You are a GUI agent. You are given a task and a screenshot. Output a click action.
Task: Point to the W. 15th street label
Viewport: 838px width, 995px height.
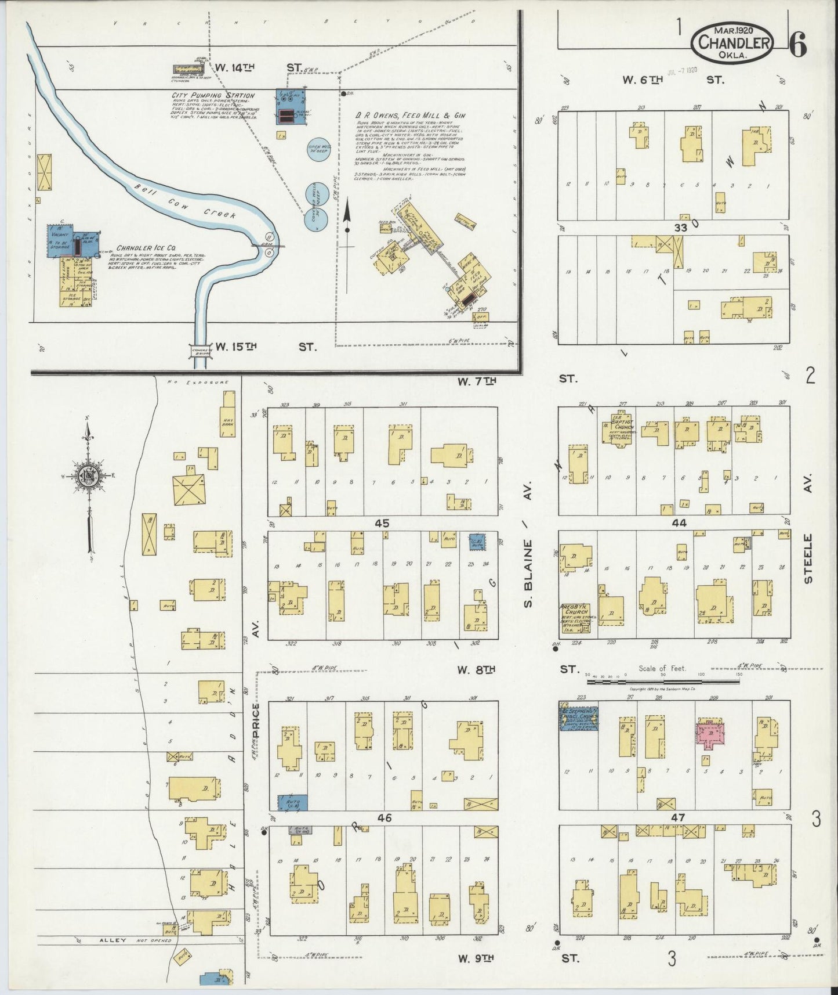[236, 347]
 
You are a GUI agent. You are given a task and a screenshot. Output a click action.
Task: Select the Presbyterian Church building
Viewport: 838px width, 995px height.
[574, 618]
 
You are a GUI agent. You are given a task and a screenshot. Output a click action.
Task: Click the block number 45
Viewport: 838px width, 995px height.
[382, 523]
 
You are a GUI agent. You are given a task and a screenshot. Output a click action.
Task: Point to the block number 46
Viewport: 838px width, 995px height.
[384, 818]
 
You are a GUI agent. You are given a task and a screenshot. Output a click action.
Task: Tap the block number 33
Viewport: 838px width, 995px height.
[680, 228]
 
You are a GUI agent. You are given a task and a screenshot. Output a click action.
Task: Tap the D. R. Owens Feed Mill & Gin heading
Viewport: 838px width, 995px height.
[411, 116]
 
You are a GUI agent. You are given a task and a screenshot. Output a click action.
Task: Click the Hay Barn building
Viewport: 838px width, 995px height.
[227, 412]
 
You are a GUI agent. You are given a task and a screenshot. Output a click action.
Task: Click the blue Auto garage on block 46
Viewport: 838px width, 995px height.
[292, 802]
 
